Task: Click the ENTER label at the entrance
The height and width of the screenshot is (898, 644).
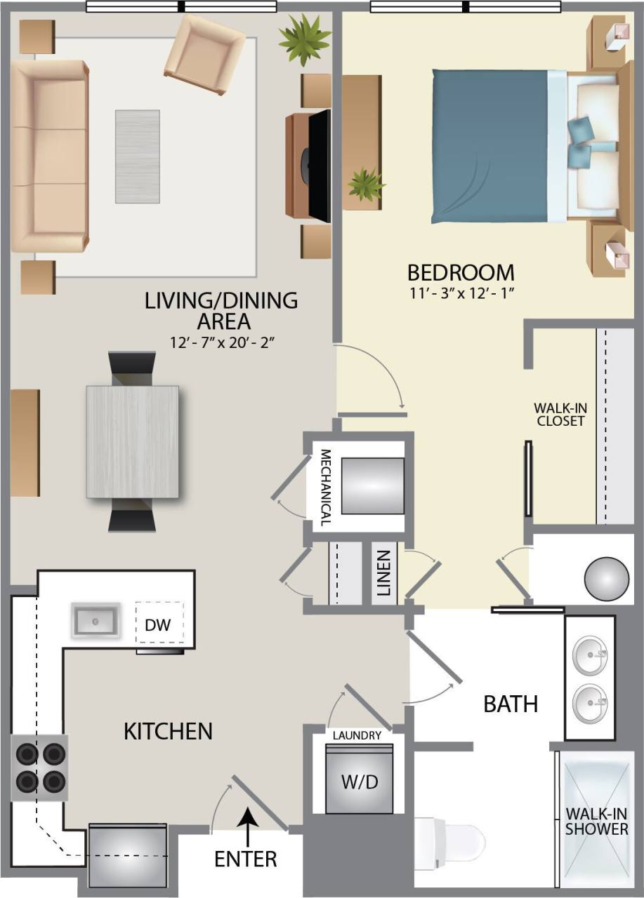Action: (x=246, y=858)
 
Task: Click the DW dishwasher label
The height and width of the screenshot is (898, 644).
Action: (x=159, y=624)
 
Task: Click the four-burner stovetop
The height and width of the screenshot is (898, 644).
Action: (x=39, y=768)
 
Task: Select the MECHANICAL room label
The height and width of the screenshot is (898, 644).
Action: (x=325, y=487)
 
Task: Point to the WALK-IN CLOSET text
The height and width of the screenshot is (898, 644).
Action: (x=560, y=415)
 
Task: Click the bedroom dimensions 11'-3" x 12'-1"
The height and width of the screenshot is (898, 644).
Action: (x=461, y=294)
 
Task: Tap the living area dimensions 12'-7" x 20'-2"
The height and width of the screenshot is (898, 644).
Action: (x=221, y=344)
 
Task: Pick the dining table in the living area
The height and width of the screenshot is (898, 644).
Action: (x=133, y=441)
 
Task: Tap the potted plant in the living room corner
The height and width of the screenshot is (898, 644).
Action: (x=304, y=40)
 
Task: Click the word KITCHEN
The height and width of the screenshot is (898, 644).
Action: (x=168, y=731)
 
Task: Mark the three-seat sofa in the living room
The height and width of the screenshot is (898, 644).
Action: (x=49, y=155)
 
